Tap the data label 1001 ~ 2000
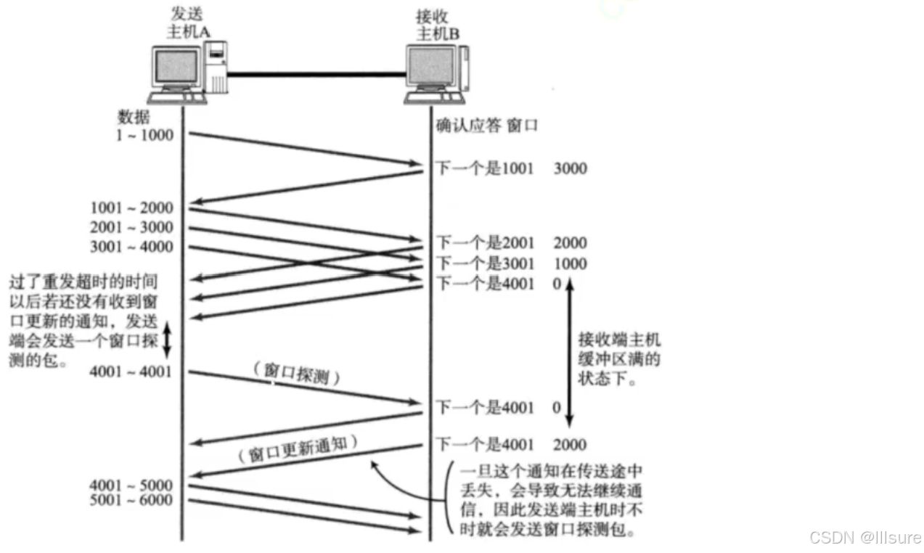pyautogui.click(x=132, y=209)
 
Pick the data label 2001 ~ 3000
pyautogui.click(x=132, y=228)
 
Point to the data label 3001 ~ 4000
pyautogui.click(x=132, y=247)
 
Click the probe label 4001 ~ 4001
pyautogui.click(x=131, y=372)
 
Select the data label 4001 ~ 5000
pyautogui.click(x=131, y=485)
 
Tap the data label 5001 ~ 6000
pyautogui.click(x=131, y=500)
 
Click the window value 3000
pyautogui.click(x=570, y=169)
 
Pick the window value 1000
pyautogui.click(x=570, y=263)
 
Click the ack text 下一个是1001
pyautogui.click(x=484, y=169)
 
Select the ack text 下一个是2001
pyautogui.click(x=484, y=243)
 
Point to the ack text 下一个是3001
pyautogui.click(x=484, y=263)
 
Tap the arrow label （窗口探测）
pyautogui.click(x=297, y=373)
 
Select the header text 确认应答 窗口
pyautogui.click(x=486, y=126)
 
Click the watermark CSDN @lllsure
pyautogui.click(x=864, y=538)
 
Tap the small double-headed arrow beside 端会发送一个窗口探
pyautogui.click(x=166, y=340)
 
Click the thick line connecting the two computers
pyautogui.click(x=316, y=73)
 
